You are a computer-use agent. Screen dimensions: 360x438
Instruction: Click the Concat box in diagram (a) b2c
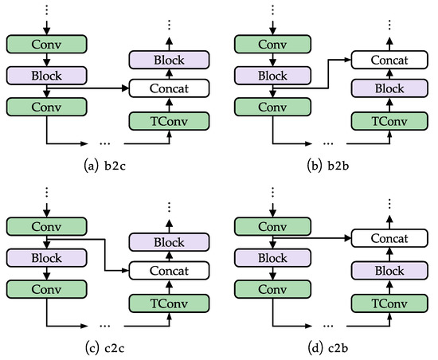(168, 88)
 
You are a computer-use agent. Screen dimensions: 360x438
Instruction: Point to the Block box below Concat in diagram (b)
(389, 88)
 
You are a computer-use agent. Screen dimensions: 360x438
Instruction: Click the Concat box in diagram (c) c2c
(168, 272)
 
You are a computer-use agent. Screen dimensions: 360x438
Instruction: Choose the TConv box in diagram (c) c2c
(168, 303)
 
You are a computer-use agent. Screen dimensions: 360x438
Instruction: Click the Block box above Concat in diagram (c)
(168, 241)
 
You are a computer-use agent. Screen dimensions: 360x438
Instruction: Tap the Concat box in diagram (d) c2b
(389, 238)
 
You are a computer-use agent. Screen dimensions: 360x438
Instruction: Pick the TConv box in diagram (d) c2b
(389, 303)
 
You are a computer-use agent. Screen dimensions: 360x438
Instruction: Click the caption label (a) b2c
(106, 166)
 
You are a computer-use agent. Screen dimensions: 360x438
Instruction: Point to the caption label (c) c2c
(106, 348)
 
